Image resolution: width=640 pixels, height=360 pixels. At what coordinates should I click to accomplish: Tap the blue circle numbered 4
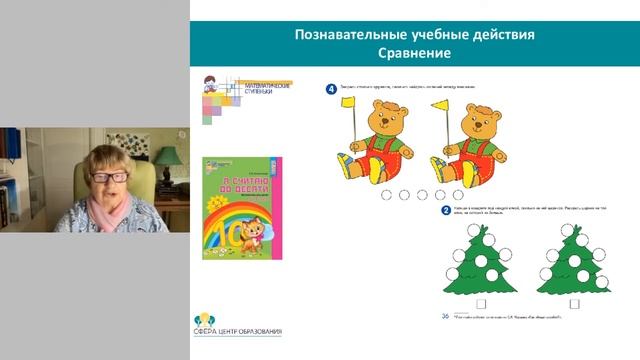[x=331, y=88]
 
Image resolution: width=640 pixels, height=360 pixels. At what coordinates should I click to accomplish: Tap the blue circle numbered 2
[x=445, y=211]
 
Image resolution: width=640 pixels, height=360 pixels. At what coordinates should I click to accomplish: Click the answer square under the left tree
[x=480, y=303]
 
